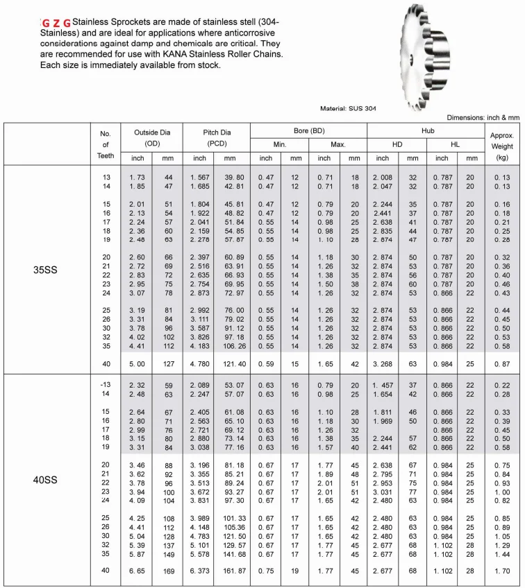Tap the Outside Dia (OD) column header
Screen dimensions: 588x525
[x=152, y=137]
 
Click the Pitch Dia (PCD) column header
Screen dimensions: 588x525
[x=215, y=137]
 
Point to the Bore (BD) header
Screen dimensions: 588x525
[x=308, y=130]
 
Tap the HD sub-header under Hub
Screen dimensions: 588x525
[x=397, y=144]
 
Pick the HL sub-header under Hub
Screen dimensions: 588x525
[x=456, y=144]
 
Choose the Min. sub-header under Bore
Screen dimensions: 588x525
[x=279, y=144]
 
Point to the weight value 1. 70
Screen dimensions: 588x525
[x=501, y=571]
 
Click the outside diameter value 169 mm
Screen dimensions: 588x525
[x=167, y=571]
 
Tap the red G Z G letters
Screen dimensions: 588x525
[x=56, y=24]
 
